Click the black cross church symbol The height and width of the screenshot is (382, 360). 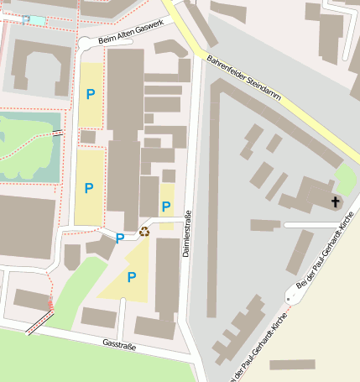pos(336,201)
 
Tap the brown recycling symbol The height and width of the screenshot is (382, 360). pos(143,231)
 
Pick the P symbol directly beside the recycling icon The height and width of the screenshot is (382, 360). pos(120,238)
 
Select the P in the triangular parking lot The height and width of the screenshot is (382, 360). pos(131,276)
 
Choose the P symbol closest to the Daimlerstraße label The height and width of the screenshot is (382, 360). pos(166,207)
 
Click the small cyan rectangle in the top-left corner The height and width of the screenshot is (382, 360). pos(37,19)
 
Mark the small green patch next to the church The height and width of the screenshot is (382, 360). pos(345,179)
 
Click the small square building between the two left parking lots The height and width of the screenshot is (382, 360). pos(88,136)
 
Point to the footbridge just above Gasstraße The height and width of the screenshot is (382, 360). pos(39,322)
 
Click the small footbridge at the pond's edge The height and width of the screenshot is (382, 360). pos(58,132)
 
